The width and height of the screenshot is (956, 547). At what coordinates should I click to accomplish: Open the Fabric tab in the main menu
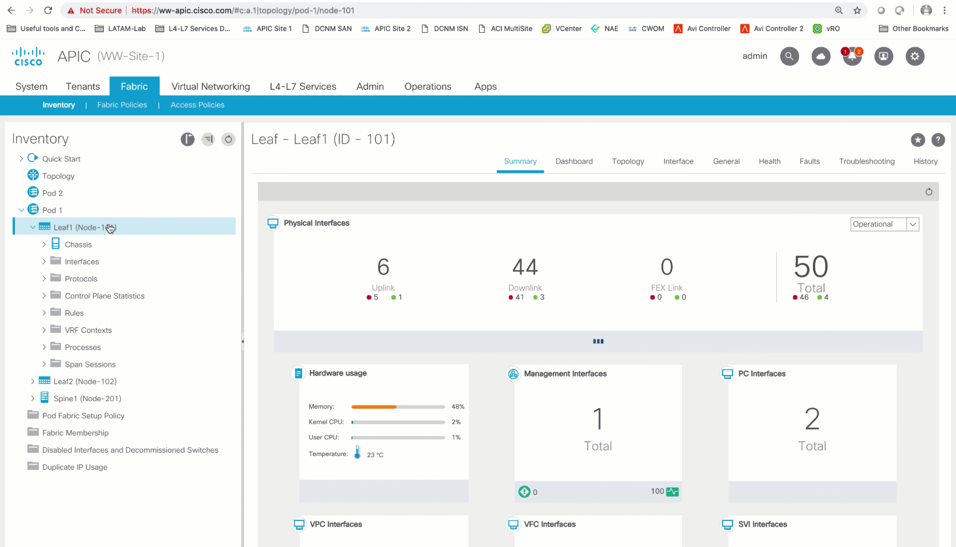pyautogui.click(x=134, y=87)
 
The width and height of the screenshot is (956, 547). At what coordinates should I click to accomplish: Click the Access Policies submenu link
pyautogui.click(x=197, y=105)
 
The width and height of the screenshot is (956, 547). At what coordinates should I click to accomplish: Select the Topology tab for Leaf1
pyautogui.click(x=628, y=161)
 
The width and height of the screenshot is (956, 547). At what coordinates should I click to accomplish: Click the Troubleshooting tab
pyautogui.click(x=866, y=161)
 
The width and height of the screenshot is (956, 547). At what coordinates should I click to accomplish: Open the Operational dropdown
pyautogui.click(x=912, y=224)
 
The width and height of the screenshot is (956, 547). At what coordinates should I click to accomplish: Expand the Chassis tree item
pyautogui.click(x=44, y=245)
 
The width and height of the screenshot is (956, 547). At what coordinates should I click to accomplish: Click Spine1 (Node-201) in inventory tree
pyautogui.click(x=87, y=398)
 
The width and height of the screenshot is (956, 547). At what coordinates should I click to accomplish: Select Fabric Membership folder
pyautogui.click(x=75, y=433)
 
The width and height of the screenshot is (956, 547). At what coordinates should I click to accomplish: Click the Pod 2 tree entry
pyautogui.click(x=52, y=193)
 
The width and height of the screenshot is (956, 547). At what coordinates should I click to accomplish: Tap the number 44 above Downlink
pyautogui.click(x=525, y=267)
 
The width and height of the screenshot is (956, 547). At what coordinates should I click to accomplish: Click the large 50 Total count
pyautogui.click(x=811, y=267)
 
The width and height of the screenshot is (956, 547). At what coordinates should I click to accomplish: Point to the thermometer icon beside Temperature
pyautogui.click(x=357, y=453)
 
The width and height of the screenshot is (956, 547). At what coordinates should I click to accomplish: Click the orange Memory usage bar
pyautogui.click(x=374, y=407)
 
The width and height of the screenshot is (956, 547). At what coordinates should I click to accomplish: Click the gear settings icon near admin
pyautogui.click(x=914, y=56)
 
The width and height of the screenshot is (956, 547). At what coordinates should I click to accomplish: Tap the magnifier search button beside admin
pyautogui.click(x=789, y=56)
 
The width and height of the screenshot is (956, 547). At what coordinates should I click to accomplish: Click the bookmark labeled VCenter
pyautogui.click(x=568, y=28)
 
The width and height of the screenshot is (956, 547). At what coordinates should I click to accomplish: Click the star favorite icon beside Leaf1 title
pyautogui.click(x=918, y=140)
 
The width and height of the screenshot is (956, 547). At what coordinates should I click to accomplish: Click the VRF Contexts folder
pyautogui.click(x=88, y=330)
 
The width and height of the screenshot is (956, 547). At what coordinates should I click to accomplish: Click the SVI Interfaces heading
pyautogui.click(x=762, y=524)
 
